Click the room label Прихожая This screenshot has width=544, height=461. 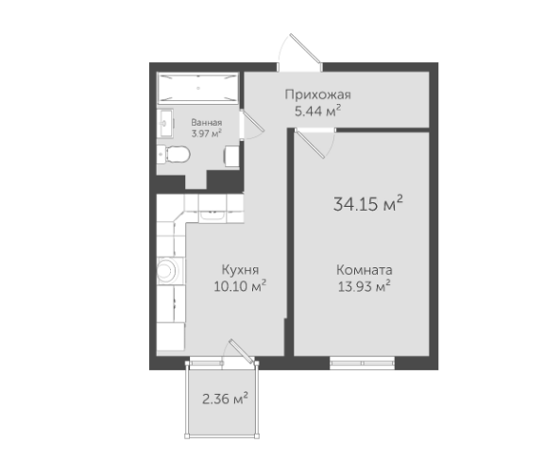[317, 94]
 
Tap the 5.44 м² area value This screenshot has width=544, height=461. [317, 111]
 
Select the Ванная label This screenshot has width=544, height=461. [207, 123]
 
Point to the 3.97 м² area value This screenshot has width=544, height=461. [207, 133]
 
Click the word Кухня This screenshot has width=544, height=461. [240, 270]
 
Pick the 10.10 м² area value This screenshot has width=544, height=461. [240, 286]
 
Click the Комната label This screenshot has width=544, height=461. [365, 270]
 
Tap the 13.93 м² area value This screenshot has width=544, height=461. [365, 286]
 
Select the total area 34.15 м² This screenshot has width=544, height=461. [368, 203]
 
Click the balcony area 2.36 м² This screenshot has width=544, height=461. [225, 399]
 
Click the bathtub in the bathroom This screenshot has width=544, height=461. [197, 88]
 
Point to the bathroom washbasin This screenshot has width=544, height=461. [165, 123]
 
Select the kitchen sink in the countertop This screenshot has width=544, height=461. [212, 215]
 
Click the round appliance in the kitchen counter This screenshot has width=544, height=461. [167, 270]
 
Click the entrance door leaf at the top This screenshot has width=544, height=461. [305, 48]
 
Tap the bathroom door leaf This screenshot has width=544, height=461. [254, 122]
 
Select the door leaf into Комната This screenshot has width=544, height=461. [310, 144]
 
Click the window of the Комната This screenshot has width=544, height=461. [362, 363]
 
